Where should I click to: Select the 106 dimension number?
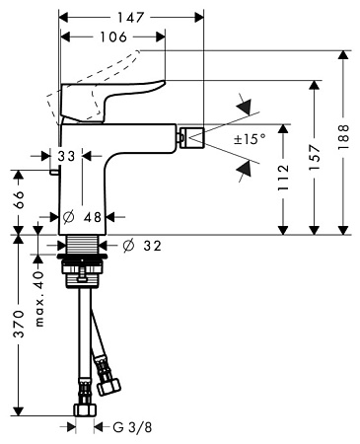109,37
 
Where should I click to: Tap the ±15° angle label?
249,140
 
